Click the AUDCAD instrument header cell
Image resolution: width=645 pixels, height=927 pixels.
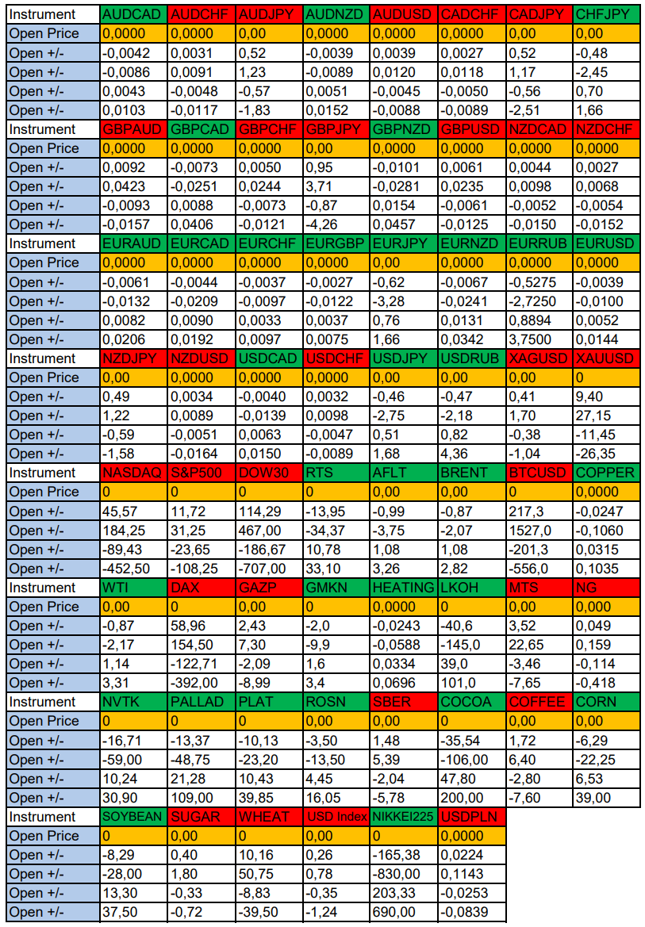pos(133,14)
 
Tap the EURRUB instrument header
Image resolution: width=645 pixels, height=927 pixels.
pos(539,243)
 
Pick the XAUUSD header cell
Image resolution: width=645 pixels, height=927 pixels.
pos(606,358)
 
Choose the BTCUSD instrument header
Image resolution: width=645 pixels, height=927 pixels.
pos(539,473)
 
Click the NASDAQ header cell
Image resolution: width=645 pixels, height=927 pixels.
pos(133,473)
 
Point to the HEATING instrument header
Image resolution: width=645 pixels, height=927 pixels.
pos(403,588)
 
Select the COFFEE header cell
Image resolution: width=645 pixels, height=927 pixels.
pos(539,702)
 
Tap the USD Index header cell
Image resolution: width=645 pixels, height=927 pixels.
pos(336,817)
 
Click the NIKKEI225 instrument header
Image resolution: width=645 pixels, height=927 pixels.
pos(403,817)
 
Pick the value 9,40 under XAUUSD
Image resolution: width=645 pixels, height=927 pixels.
pos(606,396)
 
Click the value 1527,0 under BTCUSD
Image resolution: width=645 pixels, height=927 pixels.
pos(539,531)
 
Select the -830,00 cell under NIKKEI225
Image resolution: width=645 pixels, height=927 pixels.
pos(403,874)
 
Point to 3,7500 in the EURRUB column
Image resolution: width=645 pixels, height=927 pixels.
pos(539,339)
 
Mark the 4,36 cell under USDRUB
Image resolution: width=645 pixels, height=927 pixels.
pos(471,454)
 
